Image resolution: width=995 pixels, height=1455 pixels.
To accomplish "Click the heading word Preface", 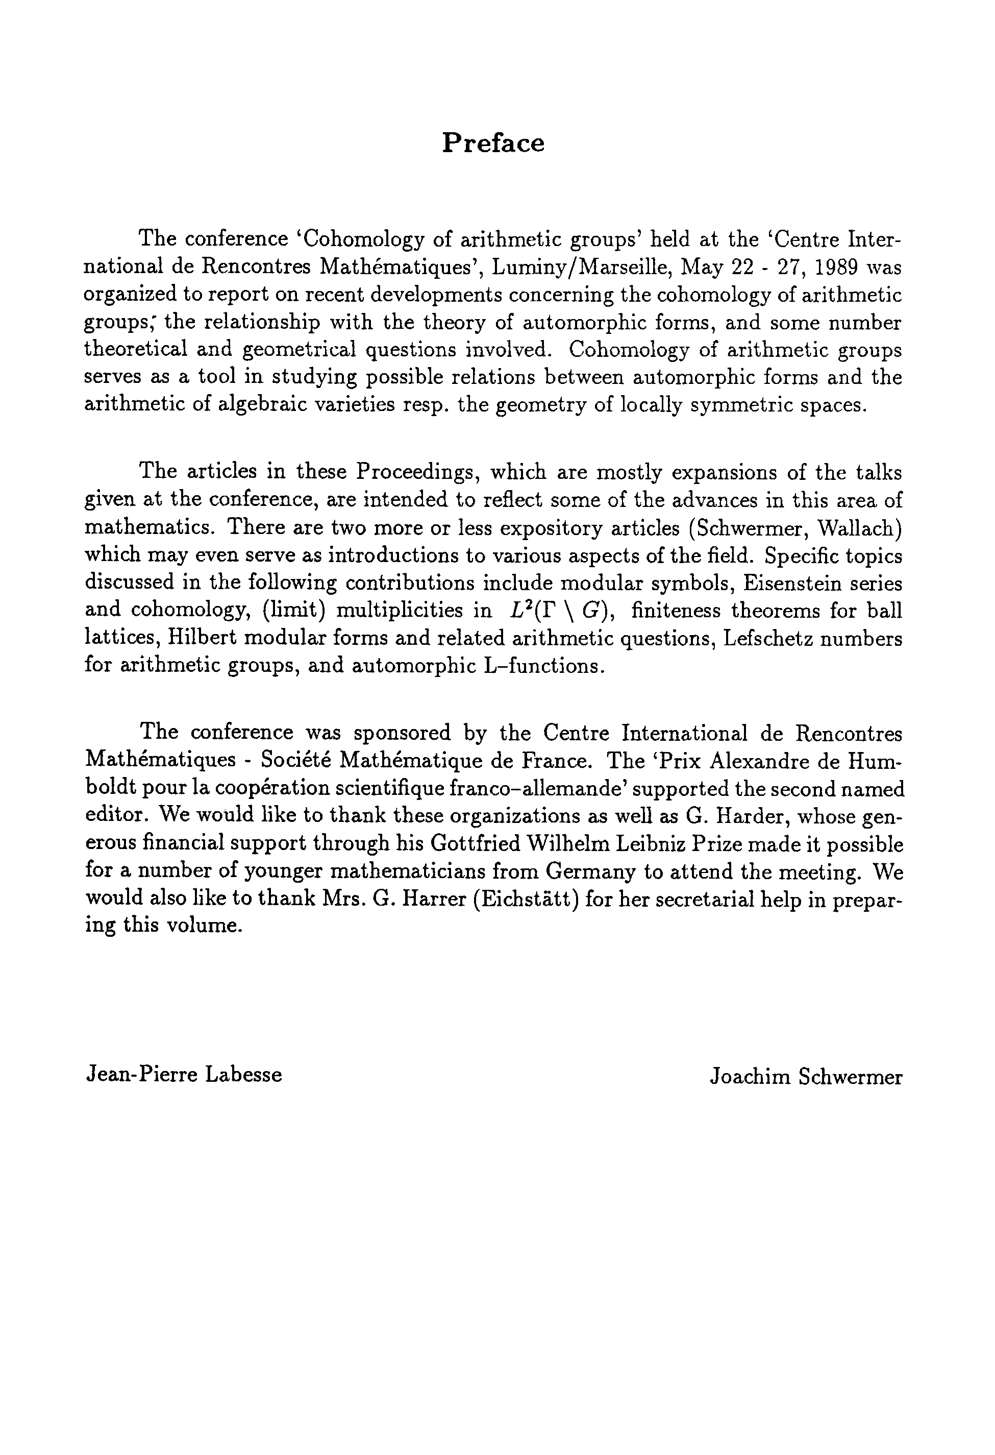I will [x=493, y=143].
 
